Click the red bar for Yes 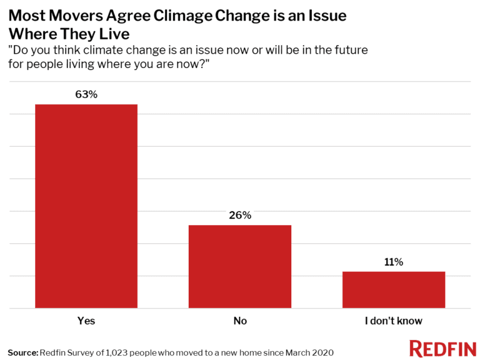point(86,206)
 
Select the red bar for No point(240,266)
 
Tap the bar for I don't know point(394,289)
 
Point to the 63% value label point(86,94)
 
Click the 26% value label point(240,216)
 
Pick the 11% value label point(394,262)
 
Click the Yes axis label point(86,321)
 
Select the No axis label point(240,321)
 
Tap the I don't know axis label point(394,321)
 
